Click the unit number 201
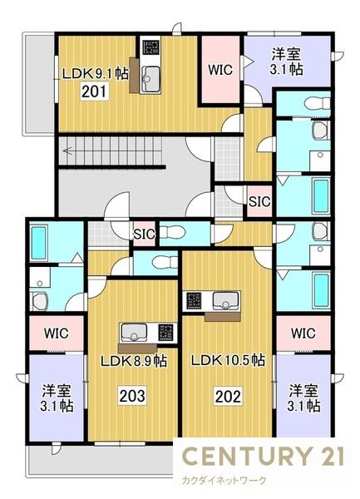coord(92,91)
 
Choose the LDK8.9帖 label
coord(134,361)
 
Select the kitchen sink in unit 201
coord(151,80)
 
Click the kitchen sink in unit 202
coord(224,300)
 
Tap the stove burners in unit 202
coord(194,300)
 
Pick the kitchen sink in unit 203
coord(133,333)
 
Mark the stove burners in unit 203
coord(165,333)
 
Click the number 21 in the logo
coord(327,457)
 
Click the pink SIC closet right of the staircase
coord(259,200)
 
